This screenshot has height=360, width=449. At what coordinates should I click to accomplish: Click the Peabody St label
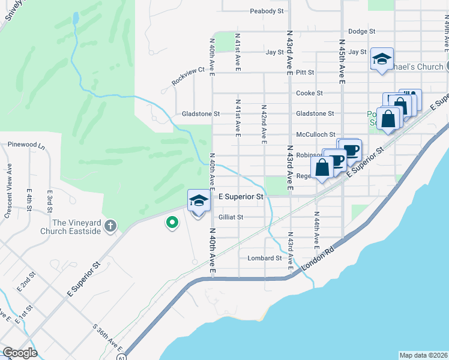267,11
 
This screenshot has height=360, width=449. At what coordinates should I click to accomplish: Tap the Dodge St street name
361,31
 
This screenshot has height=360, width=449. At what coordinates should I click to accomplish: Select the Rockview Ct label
188,75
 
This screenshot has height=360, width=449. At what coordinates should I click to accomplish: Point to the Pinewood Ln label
26,145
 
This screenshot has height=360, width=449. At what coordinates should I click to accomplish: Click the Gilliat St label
231,217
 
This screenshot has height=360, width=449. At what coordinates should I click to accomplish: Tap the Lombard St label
265,258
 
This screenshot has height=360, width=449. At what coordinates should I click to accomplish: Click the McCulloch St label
315,135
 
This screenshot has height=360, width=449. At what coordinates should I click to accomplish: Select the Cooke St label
309,93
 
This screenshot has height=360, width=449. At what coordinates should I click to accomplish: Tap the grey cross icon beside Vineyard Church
109,226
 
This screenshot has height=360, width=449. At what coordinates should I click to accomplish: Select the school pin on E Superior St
199,201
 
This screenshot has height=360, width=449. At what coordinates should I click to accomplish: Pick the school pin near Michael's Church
382,60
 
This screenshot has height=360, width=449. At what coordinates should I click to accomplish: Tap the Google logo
20,353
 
